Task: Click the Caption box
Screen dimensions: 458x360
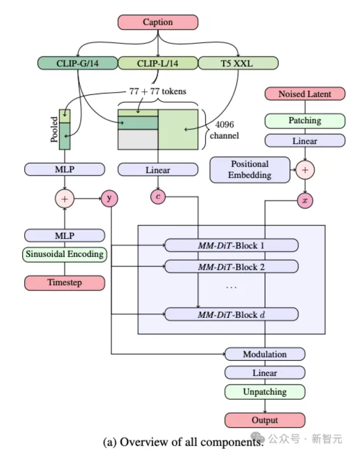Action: (158, 22)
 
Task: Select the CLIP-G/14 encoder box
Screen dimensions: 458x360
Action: (78, 63)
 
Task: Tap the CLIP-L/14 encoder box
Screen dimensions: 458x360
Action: (158, 63)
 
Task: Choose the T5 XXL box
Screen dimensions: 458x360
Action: (238, 63)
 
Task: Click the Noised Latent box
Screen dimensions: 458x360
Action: (305, 94)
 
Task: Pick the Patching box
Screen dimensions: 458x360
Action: (305, 121)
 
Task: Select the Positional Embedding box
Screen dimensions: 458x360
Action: (250, 170)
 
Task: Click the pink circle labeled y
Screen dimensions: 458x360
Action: (109, 199)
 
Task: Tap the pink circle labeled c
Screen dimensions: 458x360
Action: (158, 196)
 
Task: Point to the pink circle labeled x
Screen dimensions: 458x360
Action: (305, 201)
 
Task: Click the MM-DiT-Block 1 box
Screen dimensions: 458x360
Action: (231, 245)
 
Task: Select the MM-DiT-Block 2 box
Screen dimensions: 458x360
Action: (231, 267)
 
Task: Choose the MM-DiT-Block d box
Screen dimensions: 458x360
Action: (231, 314)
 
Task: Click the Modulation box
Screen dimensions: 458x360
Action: (265, 354)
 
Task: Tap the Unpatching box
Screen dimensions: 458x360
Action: (265, 392)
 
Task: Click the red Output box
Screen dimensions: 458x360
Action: (265, 420)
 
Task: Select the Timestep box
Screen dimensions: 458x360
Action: (65, 283)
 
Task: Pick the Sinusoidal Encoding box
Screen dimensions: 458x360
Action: (65, 254)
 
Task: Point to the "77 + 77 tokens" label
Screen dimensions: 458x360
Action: (158, 91)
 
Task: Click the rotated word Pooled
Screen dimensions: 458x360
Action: (54, 129)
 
